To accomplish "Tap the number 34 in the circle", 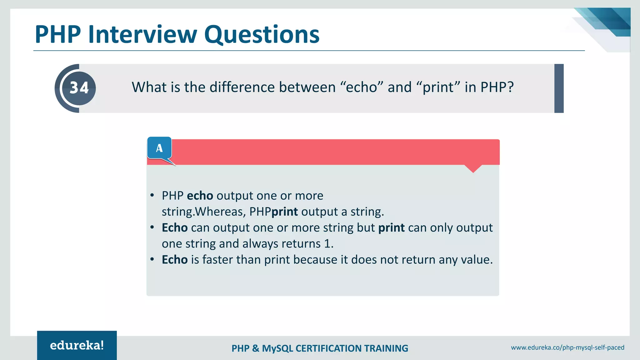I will [79, 88].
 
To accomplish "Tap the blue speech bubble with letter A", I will [159, 148].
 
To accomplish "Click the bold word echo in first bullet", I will [200, 196].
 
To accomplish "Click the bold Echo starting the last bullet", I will [174, 260].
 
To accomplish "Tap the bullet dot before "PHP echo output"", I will [152, 196].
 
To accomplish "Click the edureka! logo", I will [77, 345].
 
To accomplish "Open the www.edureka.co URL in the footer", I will [567, 347].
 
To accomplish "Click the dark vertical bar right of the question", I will [559, 88].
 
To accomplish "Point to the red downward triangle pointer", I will [473, 168].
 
